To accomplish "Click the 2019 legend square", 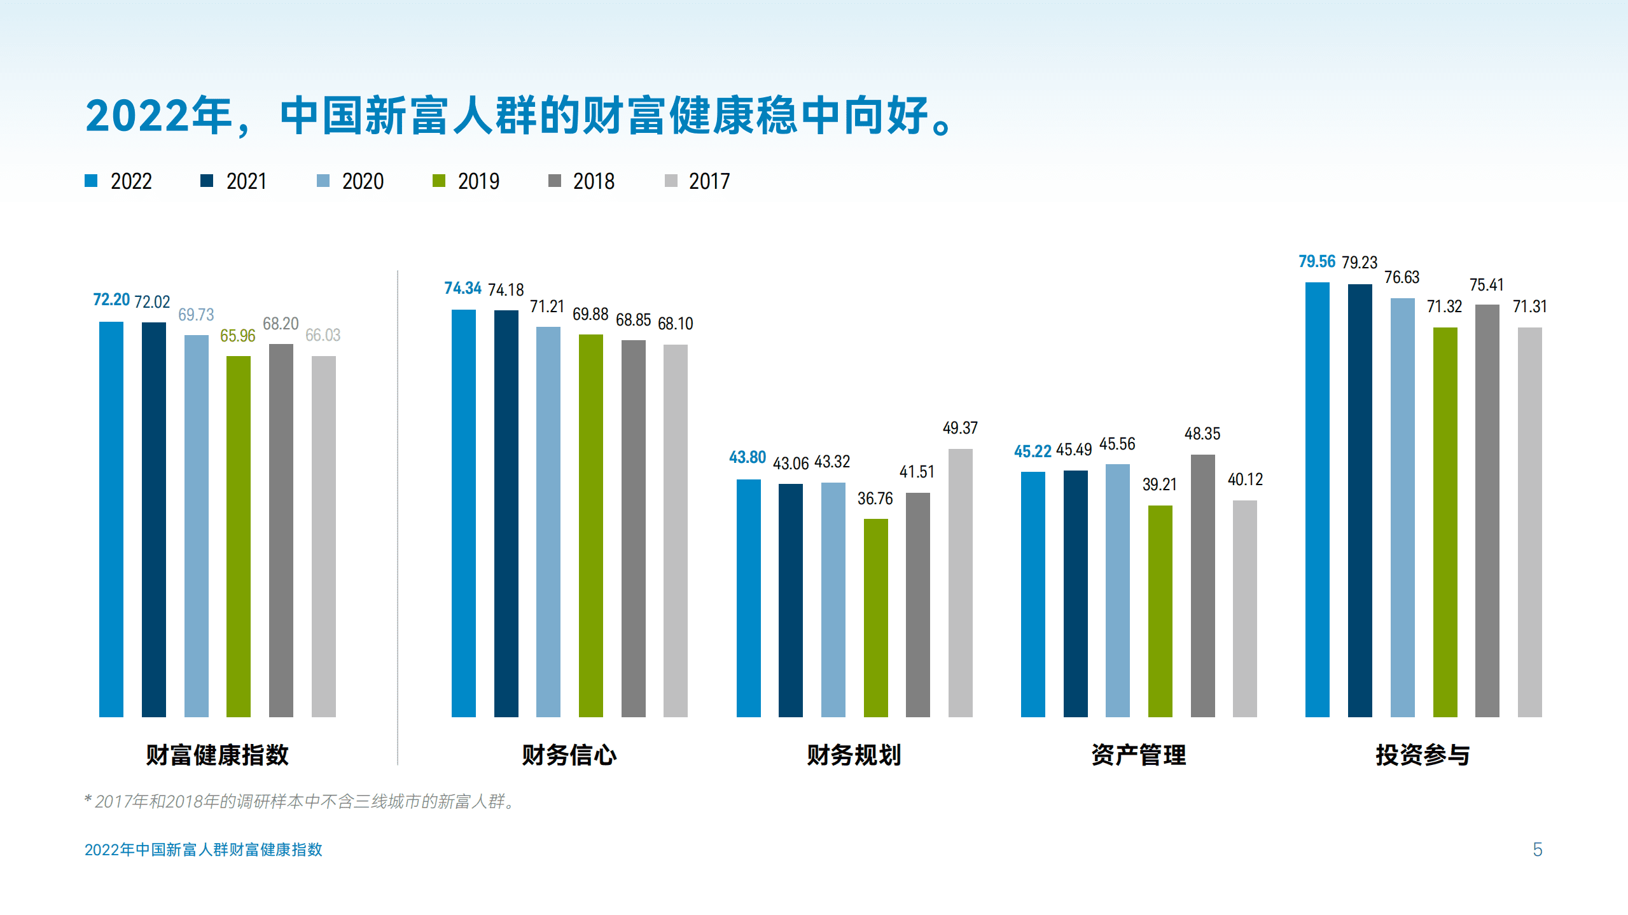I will (438, 181).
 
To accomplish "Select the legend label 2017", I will (709, 182).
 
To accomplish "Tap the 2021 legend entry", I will (246, 182).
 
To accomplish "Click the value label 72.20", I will (111, 299).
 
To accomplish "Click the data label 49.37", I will (959, 428).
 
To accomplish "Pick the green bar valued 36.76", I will (875, 617).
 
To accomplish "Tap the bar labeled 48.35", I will (1202, 585).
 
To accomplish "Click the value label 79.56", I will (1316, 261).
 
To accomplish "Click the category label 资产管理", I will (1138, 755).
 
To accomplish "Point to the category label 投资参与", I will (1423, 755).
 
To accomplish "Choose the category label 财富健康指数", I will (217, 755).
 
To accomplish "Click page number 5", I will (1537, 850).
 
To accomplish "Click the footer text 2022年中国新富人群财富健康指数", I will (203, 850).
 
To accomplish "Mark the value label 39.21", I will (1159, 485).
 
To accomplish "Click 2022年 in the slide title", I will (158, 116).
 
